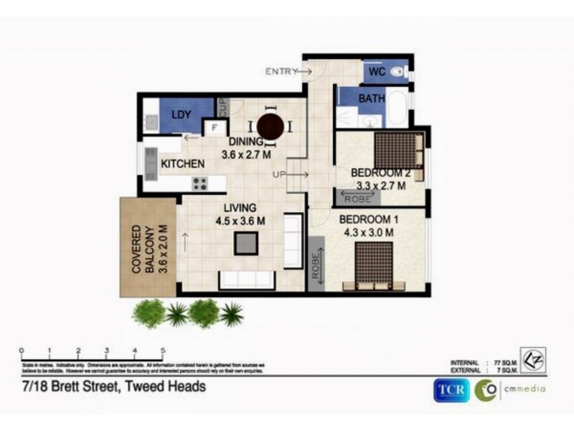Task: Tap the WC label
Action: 379,72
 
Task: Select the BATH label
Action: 372,98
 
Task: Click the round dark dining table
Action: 271,126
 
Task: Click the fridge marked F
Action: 213,128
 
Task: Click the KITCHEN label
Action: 182,164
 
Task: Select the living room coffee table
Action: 246,244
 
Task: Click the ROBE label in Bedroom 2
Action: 357,199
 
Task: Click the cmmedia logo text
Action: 523,389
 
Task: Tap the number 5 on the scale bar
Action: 163,351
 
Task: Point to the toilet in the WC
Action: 403,72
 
